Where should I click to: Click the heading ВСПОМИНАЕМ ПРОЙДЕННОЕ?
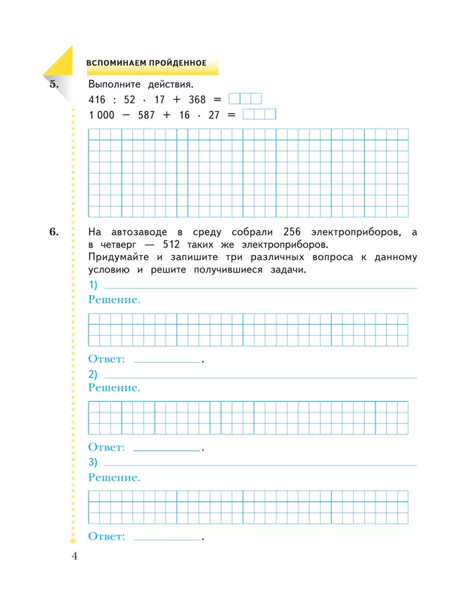point(146,63)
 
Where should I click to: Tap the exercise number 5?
point(56,85)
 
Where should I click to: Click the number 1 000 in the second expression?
point(101,115)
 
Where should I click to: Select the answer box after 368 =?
point(245,99)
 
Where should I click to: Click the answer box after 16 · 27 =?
point(259,115)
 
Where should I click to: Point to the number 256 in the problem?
point(293,232)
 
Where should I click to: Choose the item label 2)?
point(94,374)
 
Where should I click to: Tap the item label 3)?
point(94,462)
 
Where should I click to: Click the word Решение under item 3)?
point(114,477)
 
